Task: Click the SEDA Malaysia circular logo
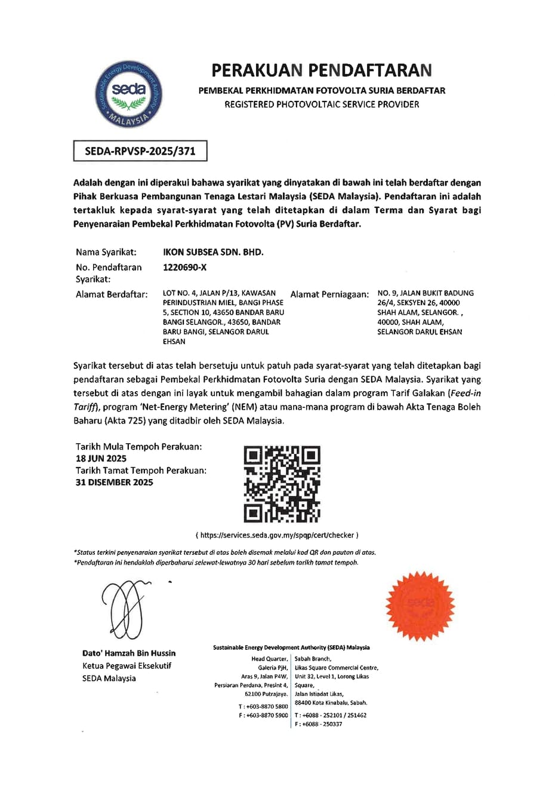pos(129,94)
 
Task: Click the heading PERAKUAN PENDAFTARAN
pos(321,70)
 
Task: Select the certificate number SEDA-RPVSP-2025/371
pos(140,152)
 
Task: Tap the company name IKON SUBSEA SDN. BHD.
pos(213,252)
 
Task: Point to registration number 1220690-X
pos(184,267)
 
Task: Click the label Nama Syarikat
pos(106,252)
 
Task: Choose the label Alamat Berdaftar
pos(112,294)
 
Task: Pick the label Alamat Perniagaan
pos(330,294)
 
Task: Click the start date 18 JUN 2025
pos(101,459)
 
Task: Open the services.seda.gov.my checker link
pos(279,535)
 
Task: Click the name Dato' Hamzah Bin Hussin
pos(129,653)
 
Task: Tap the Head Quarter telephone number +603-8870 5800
pos(266,707)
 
